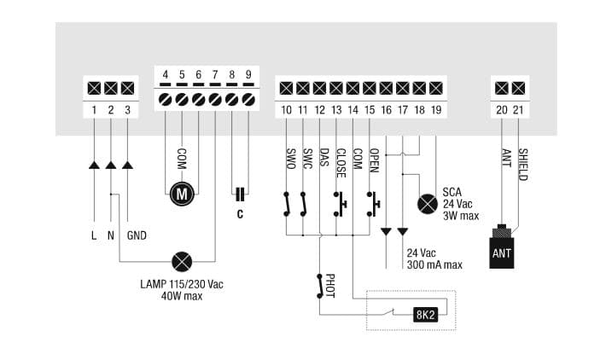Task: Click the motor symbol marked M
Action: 181,195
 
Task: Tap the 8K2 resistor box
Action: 426,313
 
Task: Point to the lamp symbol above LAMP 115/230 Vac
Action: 181,260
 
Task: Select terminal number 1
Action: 94,109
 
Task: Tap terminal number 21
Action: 516,109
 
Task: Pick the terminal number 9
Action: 248,75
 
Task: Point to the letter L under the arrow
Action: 94,235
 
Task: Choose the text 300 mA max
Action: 434,264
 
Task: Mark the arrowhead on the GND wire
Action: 127,164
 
